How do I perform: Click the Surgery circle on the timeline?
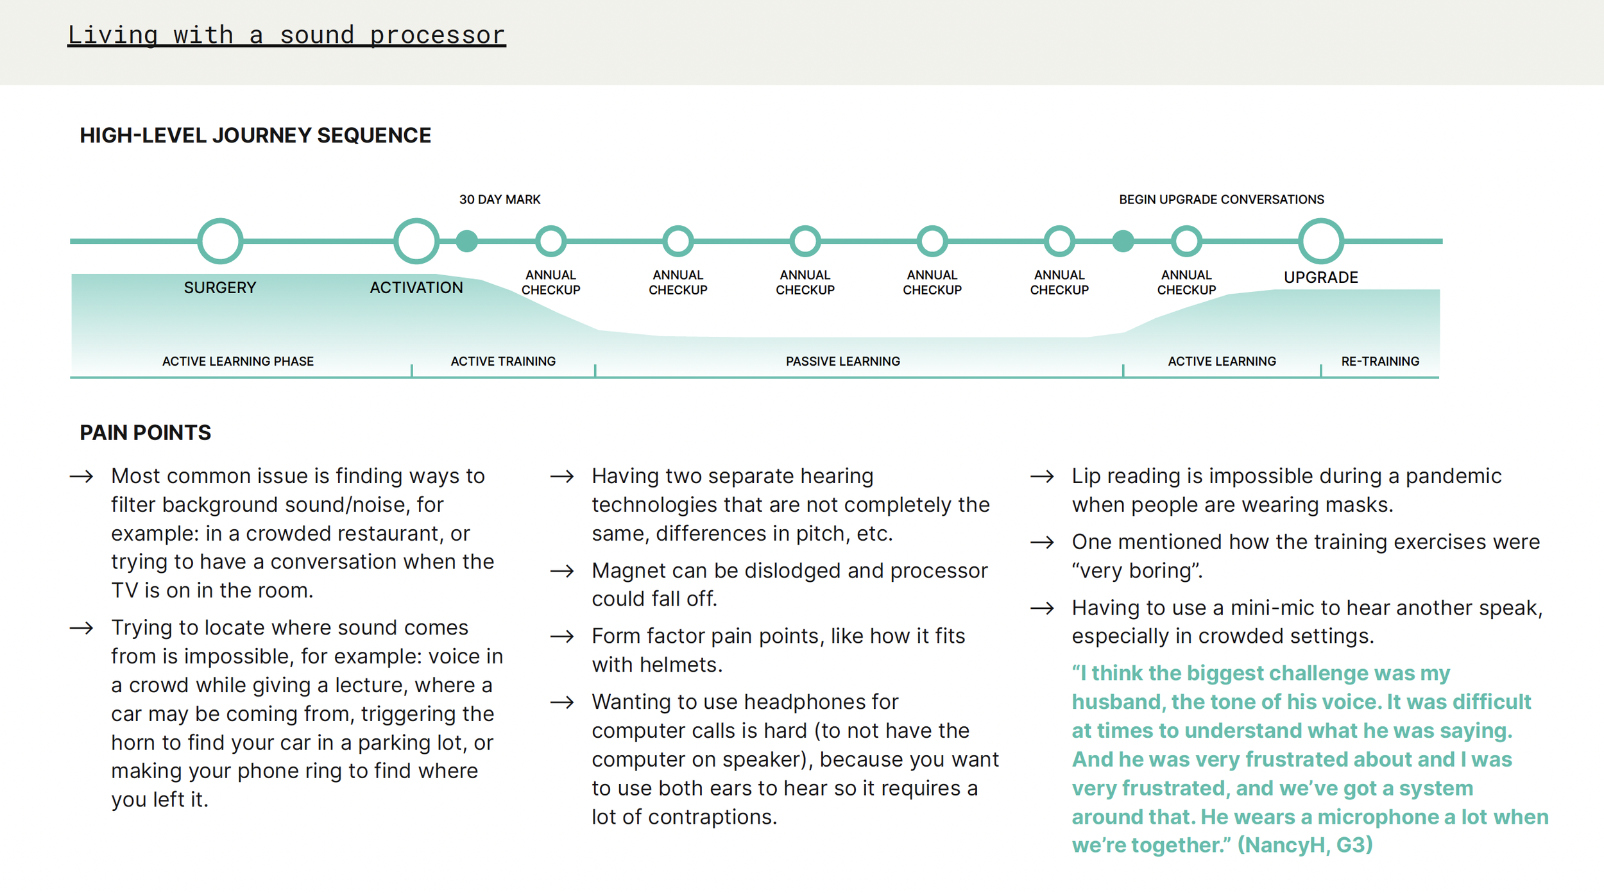[x=220, y=241]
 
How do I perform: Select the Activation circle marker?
[x=416, y=241]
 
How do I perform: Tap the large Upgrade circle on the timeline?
[x=1320, y=241]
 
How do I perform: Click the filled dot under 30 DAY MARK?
[x=467, y=241]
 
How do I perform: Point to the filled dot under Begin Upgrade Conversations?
[x=1123, y=241]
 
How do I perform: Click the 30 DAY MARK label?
[x=500, y=200]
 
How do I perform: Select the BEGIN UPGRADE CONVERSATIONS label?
[x=1221, y=200]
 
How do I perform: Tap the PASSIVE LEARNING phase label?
[x=842, y=361]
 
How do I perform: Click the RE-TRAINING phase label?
[x=1380, y=361]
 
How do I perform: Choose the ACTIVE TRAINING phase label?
[x=503, y=361]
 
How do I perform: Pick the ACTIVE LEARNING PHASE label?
[x=238, y=361]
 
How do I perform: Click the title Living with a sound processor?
[x=286, y=35]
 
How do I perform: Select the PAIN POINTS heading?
[x=145, y=432]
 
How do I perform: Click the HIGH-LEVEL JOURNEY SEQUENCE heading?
[x=255, y=135]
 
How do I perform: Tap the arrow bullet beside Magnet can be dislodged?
[x=562, y=571]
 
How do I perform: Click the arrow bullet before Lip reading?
[x=1042, y=477]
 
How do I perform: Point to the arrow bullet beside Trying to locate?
[x=81, y=628]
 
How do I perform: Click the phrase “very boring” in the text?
[x=1136, y=571]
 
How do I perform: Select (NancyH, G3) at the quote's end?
[x=1304, y=845]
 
